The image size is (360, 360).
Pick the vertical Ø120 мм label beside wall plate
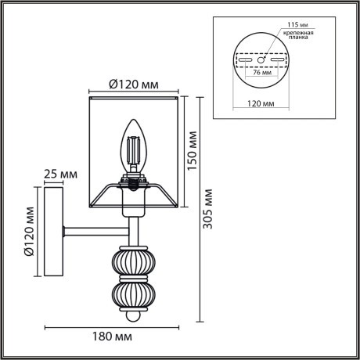28,231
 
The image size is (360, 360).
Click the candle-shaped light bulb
132,147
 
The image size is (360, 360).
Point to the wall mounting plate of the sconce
53,230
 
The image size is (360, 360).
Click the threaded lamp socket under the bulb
133,182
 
